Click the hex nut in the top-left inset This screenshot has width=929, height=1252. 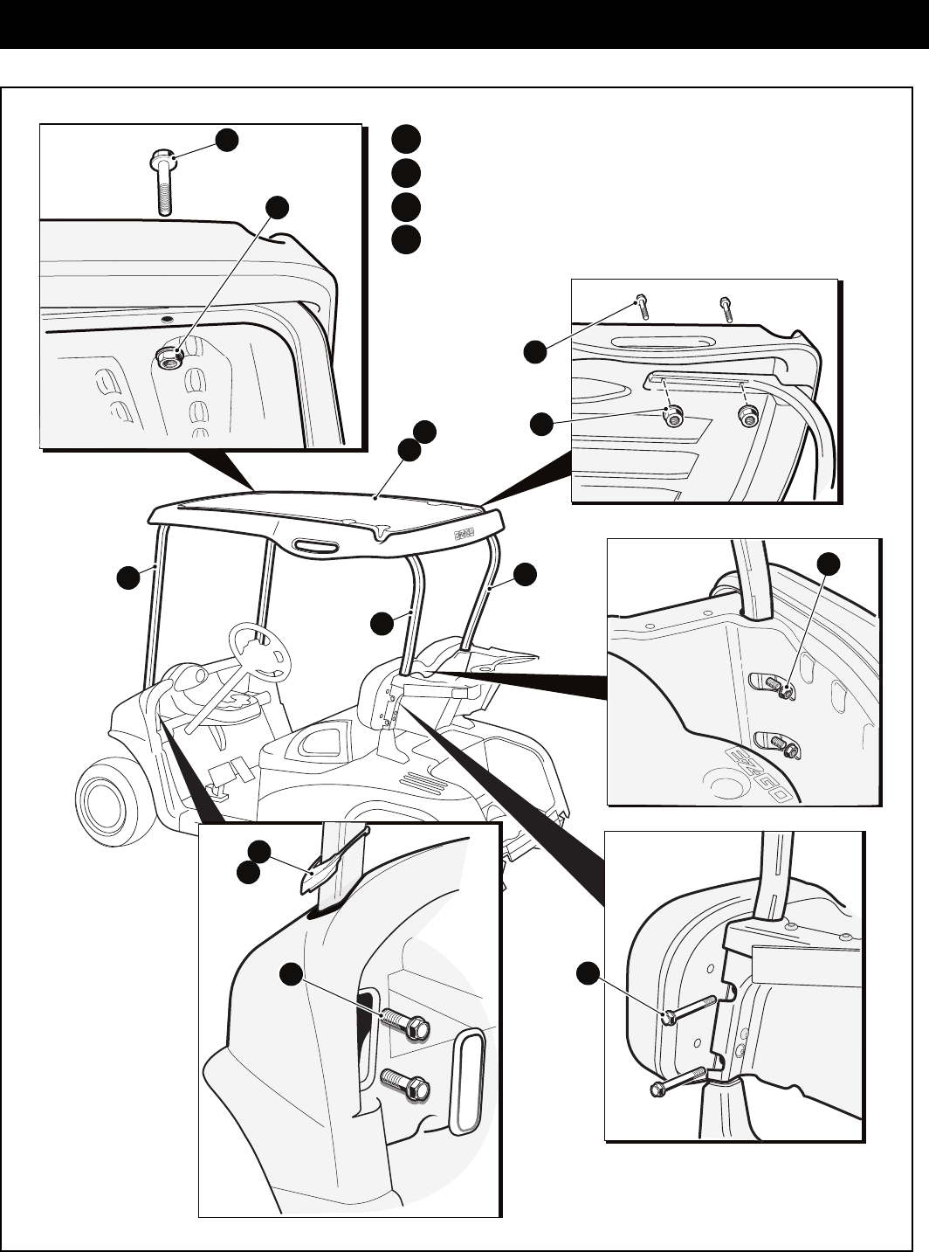[x=168, y=354]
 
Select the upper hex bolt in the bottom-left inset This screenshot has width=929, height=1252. [x=404, y=1023]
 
